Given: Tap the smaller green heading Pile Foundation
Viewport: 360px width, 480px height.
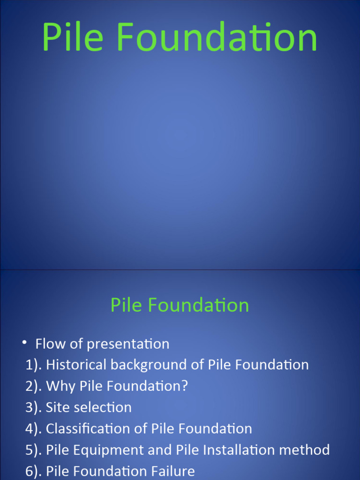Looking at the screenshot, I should (180, 305).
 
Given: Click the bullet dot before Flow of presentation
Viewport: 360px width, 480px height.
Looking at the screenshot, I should (24, 343).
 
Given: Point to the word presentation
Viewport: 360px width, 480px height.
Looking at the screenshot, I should (127, 345).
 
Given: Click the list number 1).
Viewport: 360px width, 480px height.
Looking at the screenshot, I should (34, 365).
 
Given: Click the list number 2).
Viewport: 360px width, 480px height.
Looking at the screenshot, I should (34, 386).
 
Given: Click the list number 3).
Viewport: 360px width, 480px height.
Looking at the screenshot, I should (34, 407).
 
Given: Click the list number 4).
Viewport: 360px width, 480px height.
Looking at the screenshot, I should (34, 428).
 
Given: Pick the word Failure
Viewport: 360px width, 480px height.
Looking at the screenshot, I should (172, 471).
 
